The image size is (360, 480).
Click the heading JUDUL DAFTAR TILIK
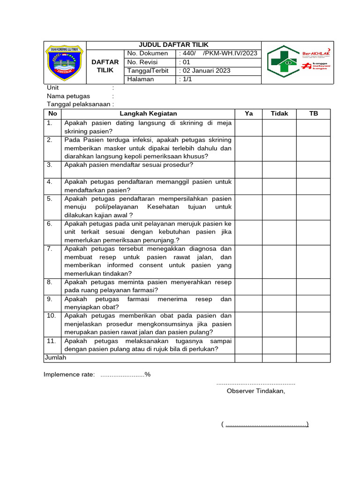pos(174,45)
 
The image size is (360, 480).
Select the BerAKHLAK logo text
pos(316,53)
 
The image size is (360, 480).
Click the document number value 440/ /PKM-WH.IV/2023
pos(218,53)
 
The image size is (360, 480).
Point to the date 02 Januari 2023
pos(206,71)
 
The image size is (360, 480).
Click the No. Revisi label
pos(143,62)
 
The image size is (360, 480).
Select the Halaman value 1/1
pos(186,79)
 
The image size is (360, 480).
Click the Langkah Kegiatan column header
pos(148,113)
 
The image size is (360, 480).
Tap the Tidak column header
pos(279,113)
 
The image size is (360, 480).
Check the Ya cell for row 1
pos(248,127)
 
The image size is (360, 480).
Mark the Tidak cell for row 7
pos(279,261)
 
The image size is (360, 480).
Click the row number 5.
pos(50,199)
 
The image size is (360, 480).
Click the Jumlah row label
pos(56,358)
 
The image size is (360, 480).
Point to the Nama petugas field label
pos(68,96)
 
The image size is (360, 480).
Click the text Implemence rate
pos(69,374)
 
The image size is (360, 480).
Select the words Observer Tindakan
pos(255,391)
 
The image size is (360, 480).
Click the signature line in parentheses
pos(265,425)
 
